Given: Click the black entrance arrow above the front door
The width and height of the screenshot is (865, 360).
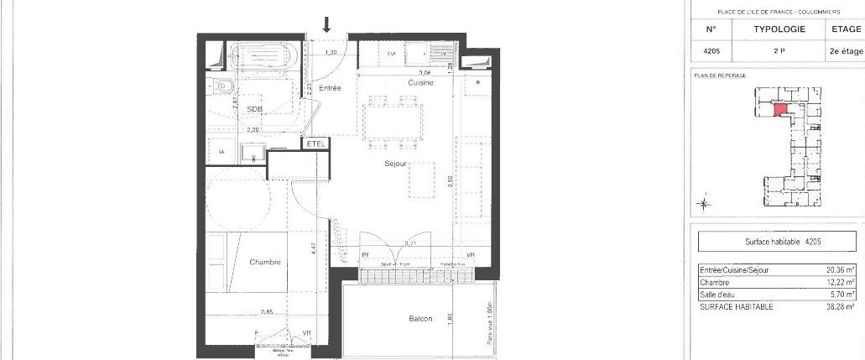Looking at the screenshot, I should [x=327, y=26].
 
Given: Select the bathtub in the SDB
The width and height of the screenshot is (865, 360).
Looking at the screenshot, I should [x=263, y=57].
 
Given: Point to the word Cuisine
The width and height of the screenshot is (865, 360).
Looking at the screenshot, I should [x=420, y=83].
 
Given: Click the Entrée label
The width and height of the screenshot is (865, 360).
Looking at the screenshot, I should [x=330, y=88].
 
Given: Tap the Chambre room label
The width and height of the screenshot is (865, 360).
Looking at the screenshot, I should [x=264, y=262].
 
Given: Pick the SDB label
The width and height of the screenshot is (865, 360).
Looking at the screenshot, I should [x=254, y=109].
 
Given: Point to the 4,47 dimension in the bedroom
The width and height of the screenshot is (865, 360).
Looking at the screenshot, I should [x=311, y=248].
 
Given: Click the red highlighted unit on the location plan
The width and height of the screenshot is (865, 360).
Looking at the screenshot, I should [x=779, y=109].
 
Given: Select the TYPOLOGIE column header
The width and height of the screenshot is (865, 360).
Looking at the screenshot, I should [x=779, y=29].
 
